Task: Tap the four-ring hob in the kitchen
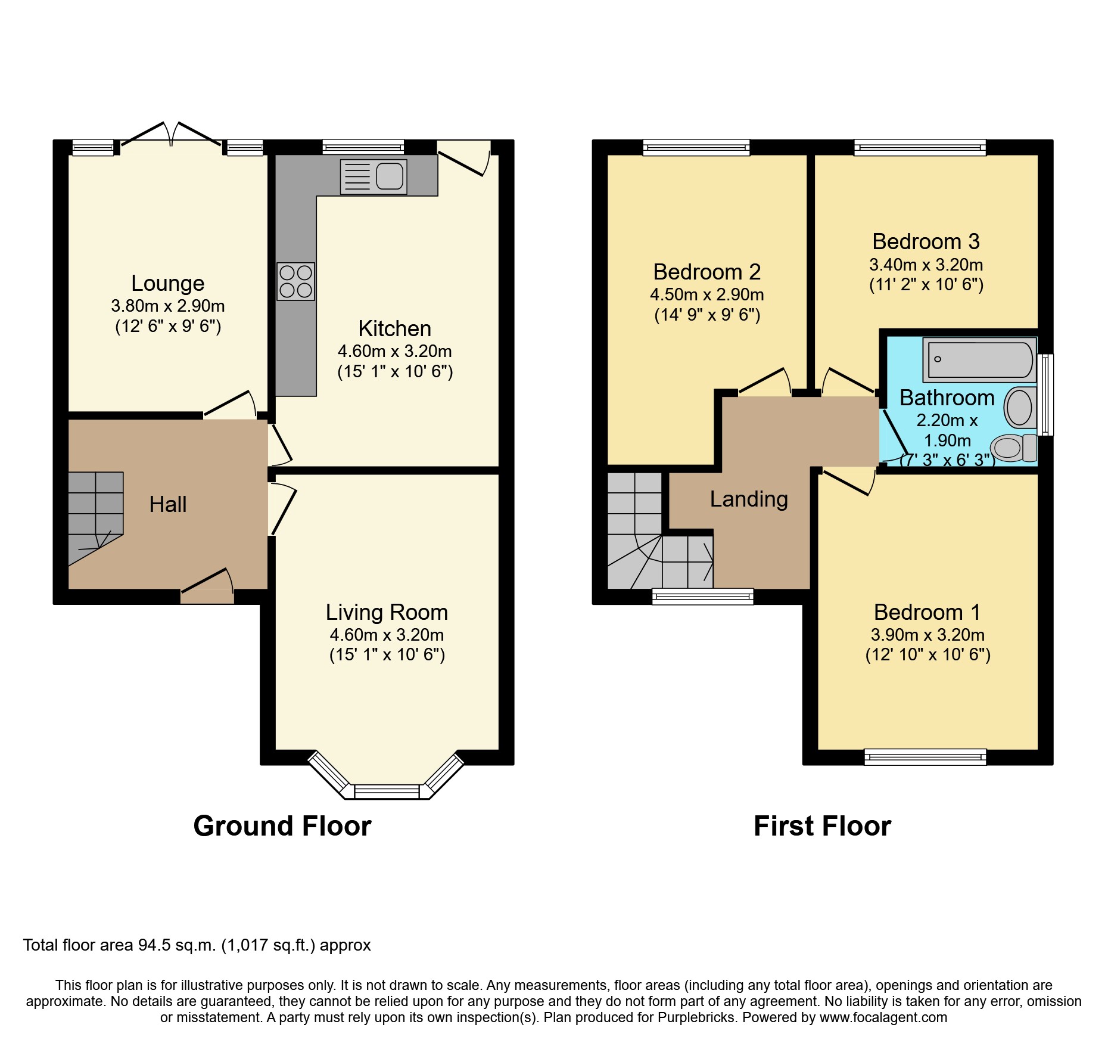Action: tap(295, 281)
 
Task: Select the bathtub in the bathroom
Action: tap(979, 360)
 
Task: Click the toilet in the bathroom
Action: tap(1013, 448)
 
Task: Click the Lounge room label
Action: tap(167, 283)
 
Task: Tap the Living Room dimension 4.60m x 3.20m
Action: tap(387, 635)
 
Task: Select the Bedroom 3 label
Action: tap(926, 241)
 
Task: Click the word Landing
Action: tap(749, 499)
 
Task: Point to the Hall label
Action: tap(167, 504)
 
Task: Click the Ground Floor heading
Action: tap(282, 826)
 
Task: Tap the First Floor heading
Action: tap(822, 826)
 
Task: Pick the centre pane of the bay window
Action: tap(387, 791)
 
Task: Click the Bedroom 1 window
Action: tap(925, 757)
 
